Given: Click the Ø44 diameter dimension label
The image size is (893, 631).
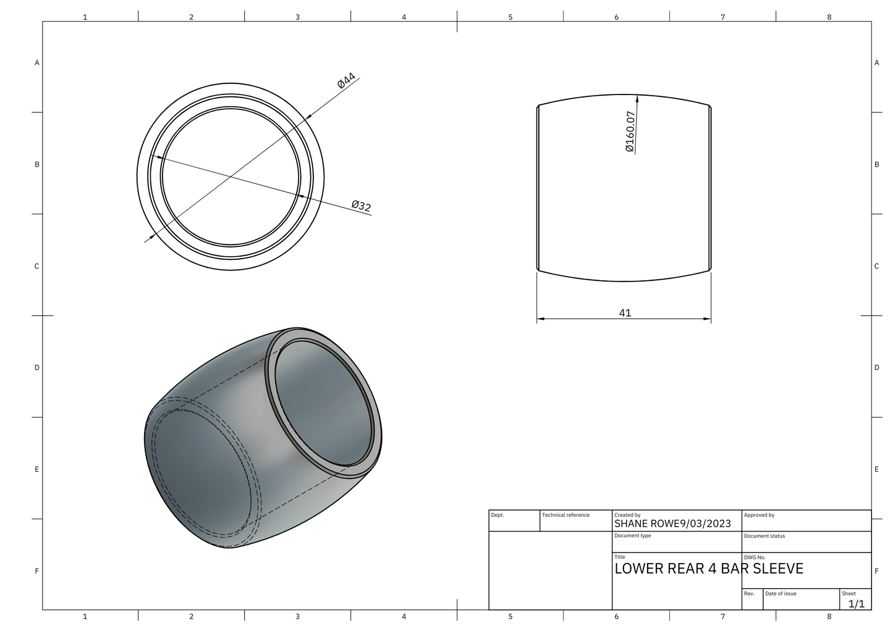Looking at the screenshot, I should (x=347, y=81).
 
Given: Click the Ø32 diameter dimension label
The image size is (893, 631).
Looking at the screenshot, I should (x=361, y=206).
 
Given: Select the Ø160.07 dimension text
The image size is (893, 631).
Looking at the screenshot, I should (x=630, y=132).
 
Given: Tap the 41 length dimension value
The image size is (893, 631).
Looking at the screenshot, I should (x=625, y=313).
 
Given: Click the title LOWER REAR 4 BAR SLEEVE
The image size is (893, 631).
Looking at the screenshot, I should (x=708, y=569).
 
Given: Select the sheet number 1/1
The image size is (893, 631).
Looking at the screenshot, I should (x=856, y=604).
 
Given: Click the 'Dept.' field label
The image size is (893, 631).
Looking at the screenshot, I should (x=497, y=515).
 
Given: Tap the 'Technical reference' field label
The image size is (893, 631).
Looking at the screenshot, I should (x=565, y=515).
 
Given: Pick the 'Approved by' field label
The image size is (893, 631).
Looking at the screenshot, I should (x=759, y=515).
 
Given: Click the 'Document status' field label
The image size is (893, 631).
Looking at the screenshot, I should (x=764, y=536).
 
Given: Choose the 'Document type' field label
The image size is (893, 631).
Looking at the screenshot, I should (x=632, y=535).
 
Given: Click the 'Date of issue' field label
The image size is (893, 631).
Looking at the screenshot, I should (x=781, y=593).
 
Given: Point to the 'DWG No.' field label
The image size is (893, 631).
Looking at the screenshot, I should (x=755, y=557).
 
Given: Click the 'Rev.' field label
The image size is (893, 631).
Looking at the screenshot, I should (x=749, y=593).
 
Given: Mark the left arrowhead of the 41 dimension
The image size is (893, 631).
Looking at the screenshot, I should (x=540, y=319).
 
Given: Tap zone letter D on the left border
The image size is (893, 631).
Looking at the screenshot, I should (x=37, y=367).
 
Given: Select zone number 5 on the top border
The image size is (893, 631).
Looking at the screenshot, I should (x=510, y=17).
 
